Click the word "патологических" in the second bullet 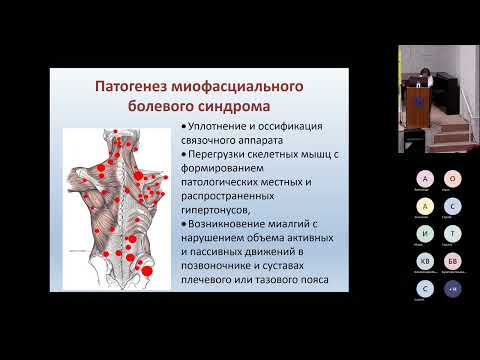(x=225, y=184)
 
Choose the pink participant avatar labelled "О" (x=451, y=179)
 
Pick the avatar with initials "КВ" (x=425, y=261)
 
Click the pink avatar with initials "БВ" (x=451, y=261)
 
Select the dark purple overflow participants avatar (x=451, y=289)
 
